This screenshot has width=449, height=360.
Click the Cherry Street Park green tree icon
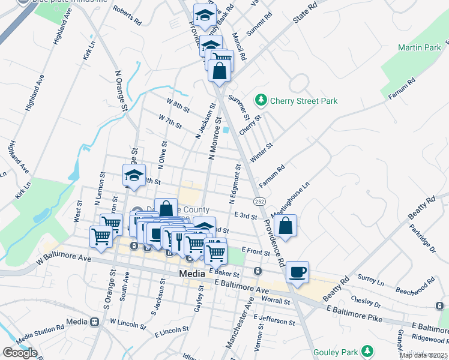tap(261, 100)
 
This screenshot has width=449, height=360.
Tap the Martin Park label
tap(420, 47)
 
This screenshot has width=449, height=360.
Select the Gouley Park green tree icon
tap(366, 352)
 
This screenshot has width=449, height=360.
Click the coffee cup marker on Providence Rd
tap(297, 272)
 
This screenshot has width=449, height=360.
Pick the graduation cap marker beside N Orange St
tap(134, 176)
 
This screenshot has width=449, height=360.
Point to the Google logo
tap(20, 353)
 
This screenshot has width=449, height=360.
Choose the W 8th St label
tap(178, 106)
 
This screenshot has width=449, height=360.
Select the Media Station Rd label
tap(40, 334)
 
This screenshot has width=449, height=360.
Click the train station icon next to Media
tap(94, 322)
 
